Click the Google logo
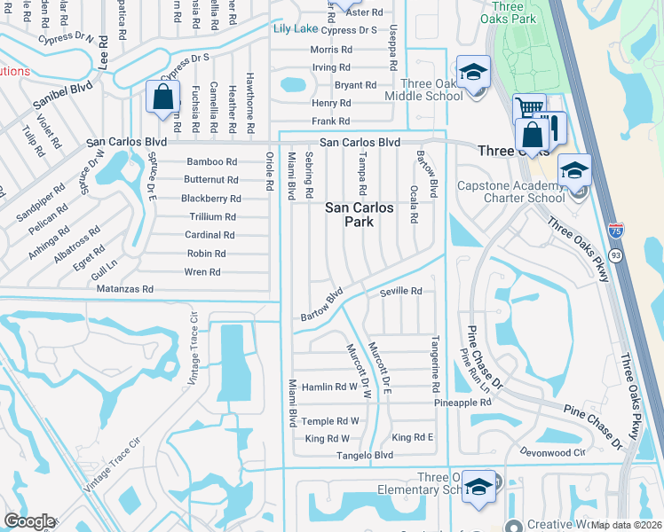point(29,521)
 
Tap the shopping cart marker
point(529,108)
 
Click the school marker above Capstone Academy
point(574,170)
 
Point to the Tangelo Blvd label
point(364,456)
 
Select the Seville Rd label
point(400,291)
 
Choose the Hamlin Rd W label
point(329,387)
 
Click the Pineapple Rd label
point(462,403)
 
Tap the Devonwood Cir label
point(553,452)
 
